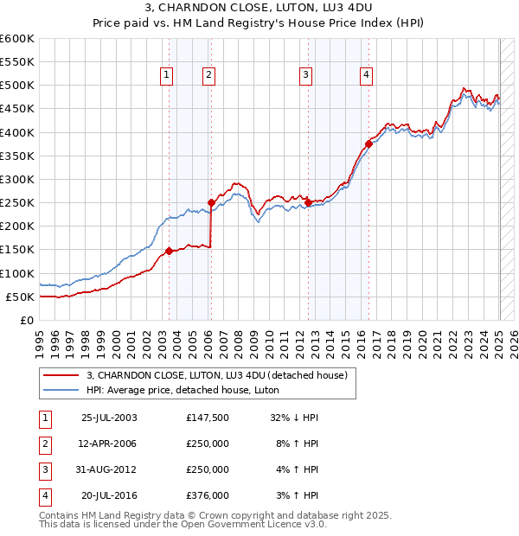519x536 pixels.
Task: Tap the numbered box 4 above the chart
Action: [x=367, y=76]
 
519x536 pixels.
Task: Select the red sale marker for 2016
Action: [x=368, y=144]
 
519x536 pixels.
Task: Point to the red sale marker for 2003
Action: [x=170, y=251]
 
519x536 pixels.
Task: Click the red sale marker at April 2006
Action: [x=211, y=202]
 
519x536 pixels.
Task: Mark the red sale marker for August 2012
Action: [x=309, y=202]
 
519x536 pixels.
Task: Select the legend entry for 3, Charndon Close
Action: [x=216, y=375]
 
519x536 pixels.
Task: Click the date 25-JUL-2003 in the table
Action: [x=109, y=418]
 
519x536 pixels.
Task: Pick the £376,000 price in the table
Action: [x=208, y=495]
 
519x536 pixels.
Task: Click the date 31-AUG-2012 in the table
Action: [x=109, y=469]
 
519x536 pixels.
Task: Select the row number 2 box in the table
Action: [x=45, y=443]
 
